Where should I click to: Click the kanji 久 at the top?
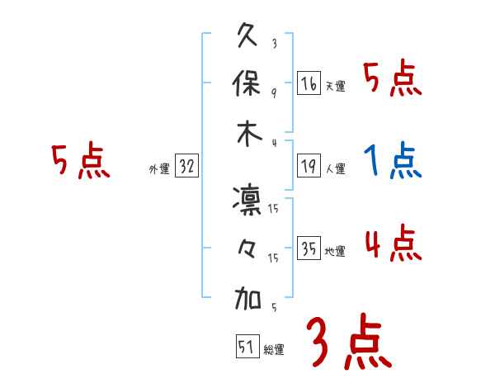[x=248, y=38]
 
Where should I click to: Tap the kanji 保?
[x=248, y=85]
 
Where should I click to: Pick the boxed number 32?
[x=186, y=166]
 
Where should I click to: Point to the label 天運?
[x=335, y=86]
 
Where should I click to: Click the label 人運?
[x=335, y=168]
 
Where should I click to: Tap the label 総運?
[x=273, y=348]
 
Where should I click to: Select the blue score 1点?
[x=393, y=161]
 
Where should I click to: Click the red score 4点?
[x=393, y=244]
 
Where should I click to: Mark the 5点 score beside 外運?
[x=80, y=161]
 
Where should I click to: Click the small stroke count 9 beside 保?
[x=274, y=92]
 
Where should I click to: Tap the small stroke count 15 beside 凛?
[x=274, y=210]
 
